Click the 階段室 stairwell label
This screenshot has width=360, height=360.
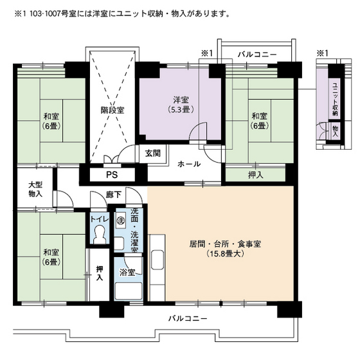(x=112, y=110)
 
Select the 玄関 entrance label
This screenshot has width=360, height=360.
(x=152, y=153)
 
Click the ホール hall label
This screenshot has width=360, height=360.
(x=188, y=164)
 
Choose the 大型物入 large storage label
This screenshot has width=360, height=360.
(x=35, y=189)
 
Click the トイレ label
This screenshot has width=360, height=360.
(x=99, y=219)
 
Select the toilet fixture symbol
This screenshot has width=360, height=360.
(x=99, y=237)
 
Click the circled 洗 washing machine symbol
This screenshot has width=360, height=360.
(x=120, y=221)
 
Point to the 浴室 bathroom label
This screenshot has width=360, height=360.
(x=127, y=273)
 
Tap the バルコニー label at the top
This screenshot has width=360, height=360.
(x=256, y=55)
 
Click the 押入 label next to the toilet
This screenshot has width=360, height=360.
(x=99, y=274)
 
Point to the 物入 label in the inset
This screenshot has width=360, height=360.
(x=335, y=131)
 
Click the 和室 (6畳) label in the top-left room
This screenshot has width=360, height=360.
(x=52, y=122)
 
